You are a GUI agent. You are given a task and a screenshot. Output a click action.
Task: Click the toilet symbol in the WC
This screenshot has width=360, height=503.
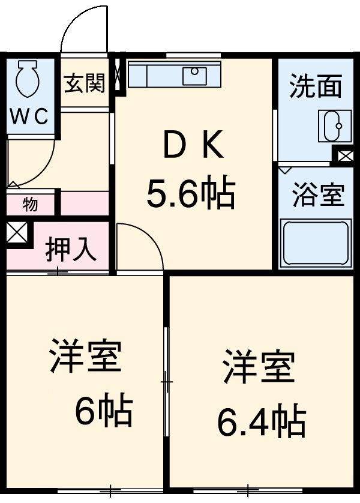tap(28, 79)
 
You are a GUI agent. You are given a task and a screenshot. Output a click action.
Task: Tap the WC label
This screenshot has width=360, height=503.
tap(28, 116)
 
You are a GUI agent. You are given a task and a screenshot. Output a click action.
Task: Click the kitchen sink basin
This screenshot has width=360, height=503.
tap(195, 76)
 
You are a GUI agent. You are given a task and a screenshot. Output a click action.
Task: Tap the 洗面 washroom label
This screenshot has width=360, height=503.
tap(316, 88)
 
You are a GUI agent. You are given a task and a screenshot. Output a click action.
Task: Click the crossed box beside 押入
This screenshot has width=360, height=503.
tap(16, 233)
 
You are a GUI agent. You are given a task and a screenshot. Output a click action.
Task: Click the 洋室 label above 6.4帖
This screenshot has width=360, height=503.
tap(259, 367)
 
